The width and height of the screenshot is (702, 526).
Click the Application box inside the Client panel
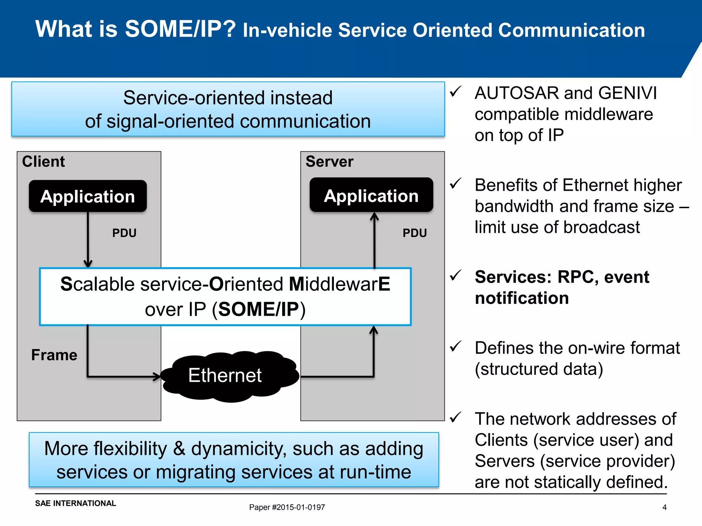click(88, 196)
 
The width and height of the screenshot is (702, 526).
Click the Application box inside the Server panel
click(371, 195)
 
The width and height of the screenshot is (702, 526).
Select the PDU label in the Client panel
click(124, 233)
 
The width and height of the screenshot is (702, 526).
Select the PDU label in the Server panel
click(414, 233)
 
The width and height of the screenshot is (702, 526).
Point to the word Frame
click(54, 355)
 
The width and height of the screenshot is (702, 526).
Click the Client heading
click(44, 161)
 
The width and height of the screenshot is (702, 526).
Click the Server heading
click(329, 161)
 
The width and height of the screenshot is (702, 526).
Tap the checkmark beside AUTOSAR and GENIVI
click(456, 91)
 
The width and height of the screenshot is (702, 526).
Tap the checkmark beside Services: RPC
click(456, 275)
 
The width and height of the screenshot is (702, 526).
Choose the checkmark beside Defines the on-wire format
click(456, 346)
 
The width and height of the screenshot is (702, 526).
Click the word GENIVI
click(628, 93)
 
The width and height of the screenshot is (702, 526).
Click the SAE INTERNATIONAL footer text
click(75, 503)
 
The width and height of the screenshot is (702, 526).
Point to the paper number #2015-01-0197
click(298, 507)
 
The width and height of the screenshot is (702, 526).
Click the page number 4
click(664, 507)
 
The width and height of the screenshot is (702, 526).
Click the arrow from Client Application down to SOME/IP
click(88, 240)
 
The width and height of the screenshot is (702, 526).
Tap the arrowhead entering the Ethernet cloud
click(157, 377)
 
